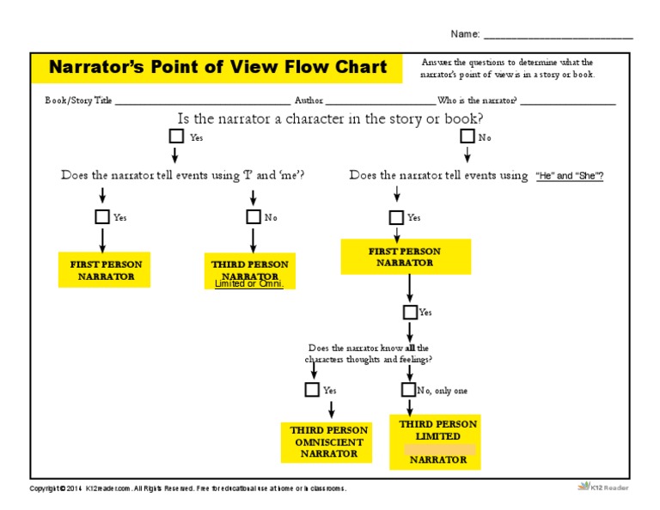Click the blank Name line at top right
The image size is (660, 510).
click(x=558, y=36)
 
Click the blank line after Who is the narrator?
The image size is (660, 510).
click(x=567, y=100)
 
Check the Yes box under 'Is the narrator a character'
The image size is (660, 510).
click(x=176, y=136)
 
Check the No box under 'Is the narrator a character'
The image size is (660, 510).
click(x=467, y=136)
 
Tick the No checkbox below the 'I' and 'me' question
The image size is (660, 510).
click(x=254, y=216)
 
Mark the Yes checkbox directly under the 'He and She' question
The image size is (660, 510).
click(x=396, y=216)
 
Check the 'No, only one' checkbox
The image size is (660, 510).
click(x=409, y=390)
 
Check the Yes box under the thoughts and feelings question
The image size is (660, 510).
click(x=312, y=390)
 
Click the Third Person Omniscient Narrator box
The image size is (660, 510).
click(x=328, y=442)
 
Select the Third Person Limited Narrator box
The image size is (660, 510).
click(x=435, y=442)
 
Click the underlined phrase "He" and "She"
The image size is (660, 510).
click(x=569, y=176)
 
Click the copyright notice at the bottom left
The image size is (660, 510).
click(x=187, y=489)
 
